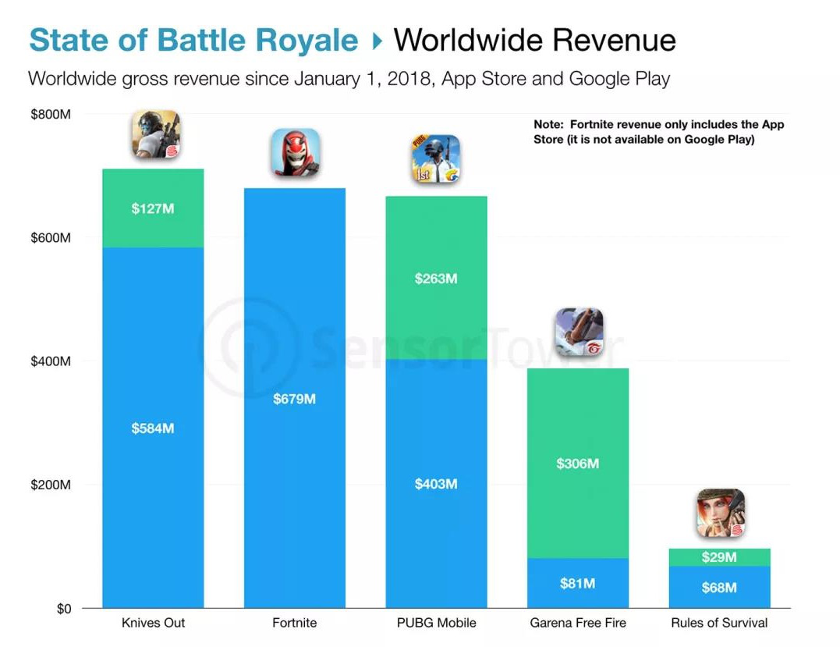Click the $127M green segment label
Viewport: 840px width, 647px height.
tap(153, 208)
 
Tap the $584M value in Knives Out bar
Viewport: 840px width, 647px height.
tap(153, 428)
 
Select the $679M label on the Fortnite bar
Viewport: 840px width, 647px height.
tap(295, 399)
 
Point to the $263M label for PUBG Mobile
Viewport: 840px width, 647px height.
tap(436, 279)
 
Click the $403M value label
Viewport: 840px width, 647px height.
tap(436, 484)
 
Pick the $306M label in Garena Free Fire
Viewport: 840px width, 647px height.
tap(578, 464)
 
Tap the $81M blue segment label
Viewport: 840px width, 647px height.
tap(578, 583)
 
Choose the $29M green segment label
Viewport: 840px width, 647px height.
tap(719, 557)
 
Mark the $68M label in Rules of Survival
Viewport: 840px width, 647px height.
tap(719, 587)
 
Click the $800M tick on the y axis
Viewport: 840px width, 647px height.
tap(51, 115)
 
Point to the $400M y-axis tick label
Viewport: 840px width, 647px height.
tap(51, 361)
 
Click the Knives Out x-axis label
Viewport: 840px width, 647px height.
tap(154, 623)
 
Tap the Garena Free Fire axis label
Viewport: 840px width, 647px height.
tap(578, 623)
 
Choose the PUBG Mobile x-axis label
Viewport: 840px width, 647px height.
tap(436, 623)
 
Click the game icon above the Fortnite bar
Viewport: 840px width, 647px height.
tap(295, 152)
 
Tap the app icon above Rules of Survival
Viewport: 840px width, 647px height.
tap(720, 513)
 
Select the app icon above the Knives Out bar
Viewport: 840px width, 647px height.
tap(155, 134)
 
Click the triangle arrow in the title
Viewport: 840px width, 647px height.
tap(377, 41)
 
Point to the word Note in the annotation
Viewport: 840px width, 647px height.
tap(549, 125)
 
